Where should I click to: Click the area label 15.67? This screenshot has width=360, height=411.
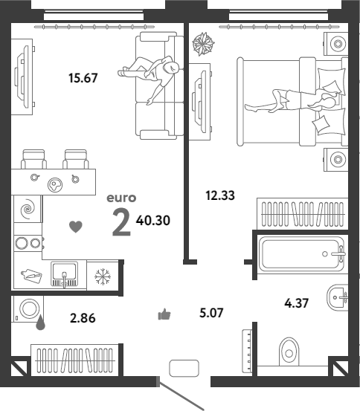point(83,78)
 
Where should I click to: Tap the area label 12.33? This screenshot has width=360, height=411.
point(220,195)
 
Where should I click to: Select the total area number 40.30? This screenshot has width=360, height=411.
point(153,221)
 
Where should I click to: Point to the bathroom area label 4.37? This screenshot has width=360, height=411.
point(297,303)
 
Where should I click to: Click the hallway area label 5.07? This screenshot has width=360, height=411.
point(211,313)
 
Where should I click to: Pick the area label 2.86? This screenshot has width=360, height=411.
point(83,318)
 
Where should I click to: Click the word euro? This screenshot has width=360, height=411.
point(121,198)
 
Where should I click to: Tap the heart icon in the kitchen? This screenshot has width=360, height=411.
point(76,227)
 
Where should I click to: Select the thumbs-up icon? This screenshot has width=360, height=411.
point(164,314)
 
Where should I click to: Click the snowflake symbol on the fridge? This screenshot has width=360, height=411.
point(103,276)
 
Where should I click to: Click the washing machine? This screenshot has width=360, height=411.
point(28,308)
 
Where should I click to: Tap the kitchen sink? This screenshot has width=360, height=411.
point(64,274)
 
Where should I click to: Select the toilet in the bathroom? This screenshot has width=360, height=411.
point(289,352)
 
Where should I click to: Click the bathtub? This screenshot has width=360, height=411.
point(301,254)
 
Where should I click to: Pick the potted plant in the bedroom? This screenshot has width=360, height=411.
point(203,44)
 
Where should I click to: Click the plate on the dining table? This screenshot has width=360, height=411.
point(55,185)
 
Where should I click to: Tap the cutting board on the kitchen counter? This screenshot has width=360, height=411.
point(31,276)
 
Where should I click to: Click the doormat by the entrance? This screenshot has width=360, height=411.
point(184,369)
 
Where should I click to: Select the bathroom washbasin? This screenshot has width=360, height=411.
point(338,297)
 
